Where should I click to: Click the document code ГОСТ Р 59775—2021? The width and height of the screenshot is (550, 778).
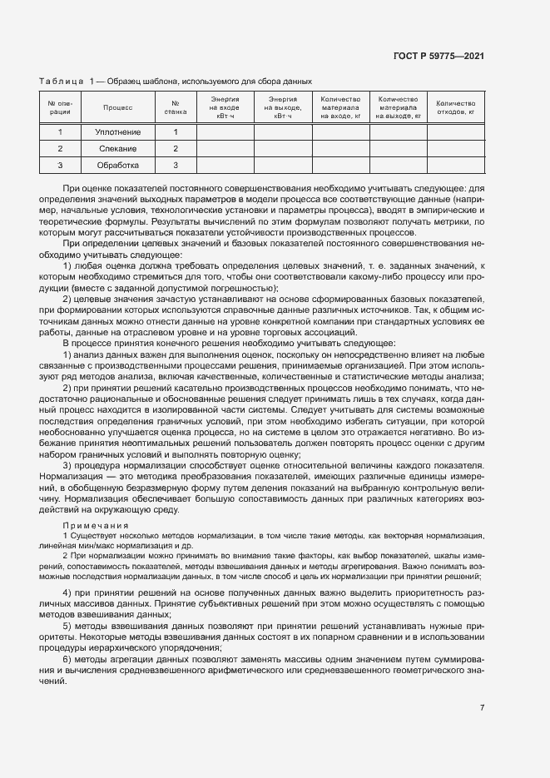439,56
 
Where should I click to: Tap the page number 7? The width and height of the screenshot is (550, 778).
482,708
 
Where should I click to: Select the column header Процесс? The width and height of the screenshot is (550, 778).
117,107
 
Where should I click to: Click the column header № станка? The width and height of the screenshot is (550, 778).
176,107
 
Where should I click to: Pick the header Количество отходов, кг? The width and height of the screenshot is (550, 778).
455,107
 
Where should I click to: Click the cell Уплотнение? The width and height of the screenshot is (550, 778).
117,132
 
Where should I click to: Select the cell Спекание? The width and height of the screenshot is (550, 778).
117,148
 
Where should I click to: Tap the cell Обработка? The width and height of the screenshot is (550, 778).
117,165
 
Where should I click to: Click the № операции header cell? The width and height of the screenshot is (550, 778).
60,107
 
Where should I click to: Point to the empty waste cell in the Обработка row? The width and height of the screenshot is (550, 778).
455,165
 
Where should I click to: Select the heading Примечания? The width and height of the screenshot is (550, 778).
95,526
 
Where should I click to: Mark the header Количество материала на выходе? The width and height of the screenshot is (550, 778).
398,107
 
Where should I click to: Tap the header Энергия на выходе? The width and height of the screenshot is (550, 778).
282,107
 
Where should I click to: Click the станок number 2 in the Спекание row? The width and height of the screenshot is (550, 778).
176,148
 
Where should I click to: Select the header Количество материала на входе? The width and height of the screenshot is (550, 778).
340,107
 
